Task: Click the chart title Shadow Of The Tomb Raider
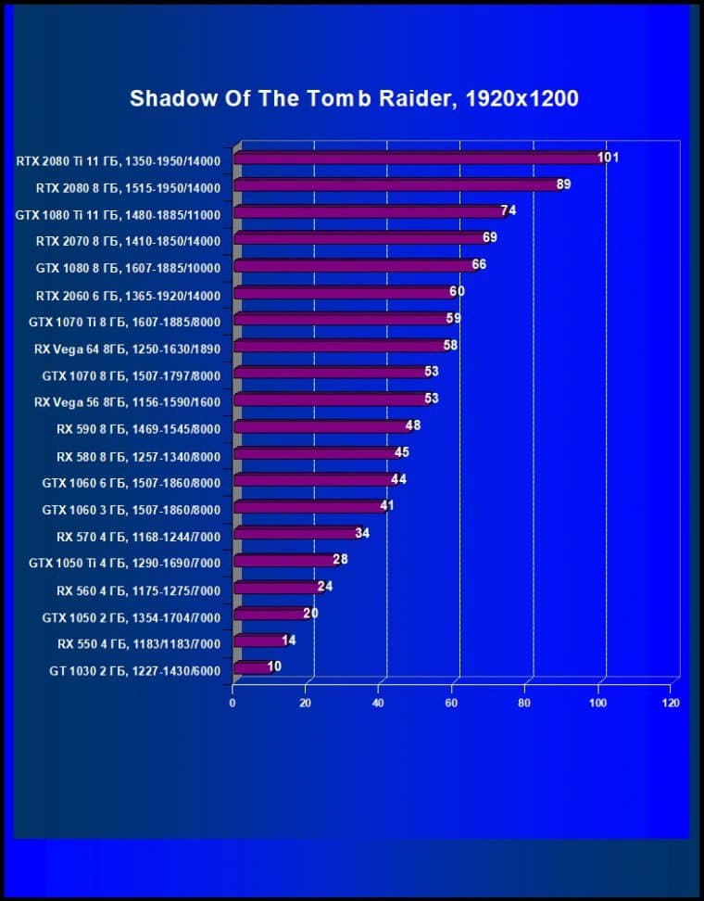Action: click(x=354, y=98)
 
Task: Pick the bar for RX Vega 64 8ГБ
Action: click(x=340, y=347)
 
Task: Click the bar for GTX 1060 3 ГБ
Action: click(x=308, y=507)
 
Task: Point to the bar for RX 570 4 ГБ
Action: click(x=295, y=534)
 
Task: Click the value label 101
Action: click(x=608, y=158)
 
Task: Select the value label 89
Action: click(x=563, y=184)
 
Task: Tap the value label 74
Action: click(x=509, y=211)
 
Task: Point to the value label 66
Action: click(x=479, y=265)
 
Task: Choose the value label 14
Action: click(x=289, y=640)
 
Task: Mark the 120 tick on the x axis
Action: click(x=672, y=704)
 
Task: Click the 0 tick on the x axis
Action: click(x=233, y=704)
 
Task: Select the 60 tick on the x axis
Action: click(x=452, y=704)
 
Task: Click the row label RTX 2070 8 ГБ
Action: click(x=128, y=241)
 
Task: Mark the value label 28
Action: click(x=341, y=560)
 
